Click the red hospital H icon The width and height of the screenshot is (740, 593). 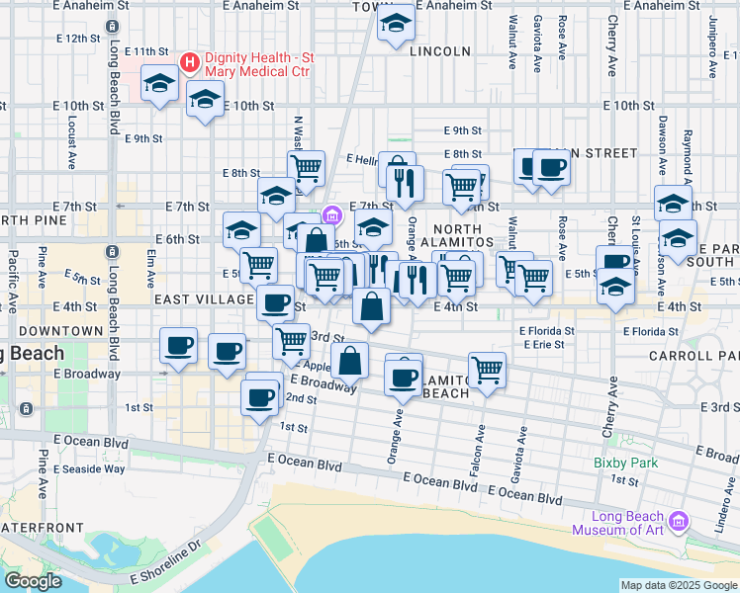(191, 62)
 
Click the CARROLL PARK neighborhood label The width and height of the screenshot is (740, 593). (693, 354)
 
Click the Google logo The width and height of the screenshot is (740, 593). (32, 581)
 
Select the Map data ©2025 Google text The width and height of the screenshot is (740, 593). (679, 585)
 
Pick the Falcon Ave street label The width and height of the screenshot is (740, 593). (481, 434)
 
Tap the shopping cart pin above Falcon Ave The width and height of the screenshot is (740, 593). (487, 371)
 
